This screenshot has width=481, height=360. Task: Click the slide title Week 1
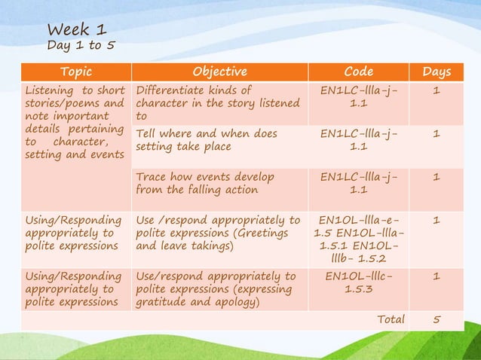pyautogui.click(x=76, y=30)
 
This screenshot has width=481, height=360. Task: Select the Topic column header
pyautogui.click(x=75, y=72)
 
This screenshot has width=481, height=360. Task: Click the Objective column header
pyautogui.click(x=219, y=72)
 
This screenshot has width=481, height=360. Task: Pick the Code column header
pyautogui.click(x=358, y=72)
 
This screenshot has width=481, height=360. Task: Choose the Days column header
pyautogui.click(x=437, y=72)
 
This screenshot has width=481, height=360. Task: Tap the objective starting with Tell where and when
pyautogui.click(x=207, y=141)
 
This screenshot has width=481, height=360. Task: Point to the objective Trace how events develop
pyautogui.click(x=205, y=184)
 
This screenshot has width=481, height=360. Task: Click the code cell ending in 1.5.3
pyautogui.click(x=358, y=283)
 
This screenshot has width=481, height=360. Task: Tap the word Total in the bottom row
pyautogui.click(x=391, y=319)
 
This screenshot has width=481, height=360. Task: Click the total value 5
pyautogui.click(x=437, y=319)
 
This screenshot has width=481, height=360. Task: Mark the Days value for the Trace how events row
pyautogui.click(x=437, y=178)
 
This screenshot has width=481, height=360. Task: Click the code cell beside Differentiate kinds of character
pyautogui.click(x=358, y=97)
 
